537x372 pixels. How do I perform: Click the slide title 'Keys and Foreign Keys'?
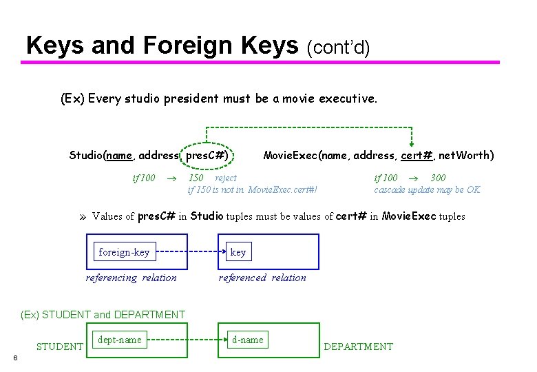[162, 45]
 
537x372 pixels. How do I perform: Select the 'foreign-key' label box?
[124, 252]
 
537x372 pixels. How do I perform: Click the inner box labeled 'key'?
[238, 252]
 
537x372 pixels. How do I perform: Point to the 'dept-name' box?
[120, 340]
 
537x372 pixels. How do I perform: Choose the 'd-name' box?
[248, 340]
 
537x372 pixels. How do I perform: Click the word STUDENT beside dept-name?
[60, 347]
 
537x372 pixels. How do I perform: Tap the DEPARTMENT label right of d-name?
[358, 347]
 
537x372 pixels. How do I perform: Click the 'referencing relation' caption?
[131, 278]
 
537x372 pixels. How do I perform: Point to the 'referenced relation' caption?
[262, 278]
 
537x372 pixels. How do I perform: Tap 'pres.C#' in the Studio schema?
[207, 155]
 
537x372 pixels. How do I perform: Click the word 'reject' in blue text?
[226, 178]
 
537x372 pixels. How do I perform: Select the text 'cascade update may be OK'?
[428, 189]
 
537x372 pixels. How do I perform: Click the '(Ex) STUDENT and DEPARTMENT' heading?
[103, 315]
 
